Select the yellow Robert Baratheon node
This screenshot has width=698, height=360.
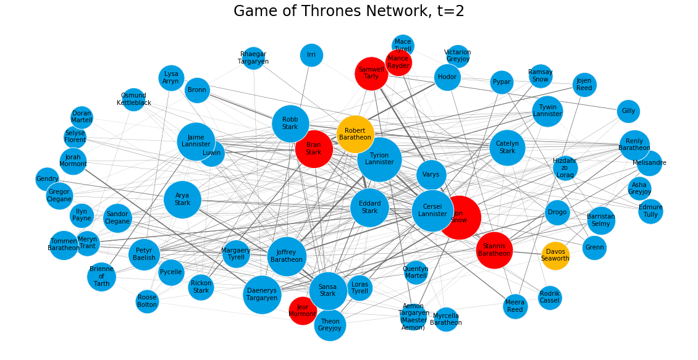(x=355, y=135)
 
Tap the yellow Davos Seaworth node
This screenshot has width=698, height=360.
(x=555, y=255)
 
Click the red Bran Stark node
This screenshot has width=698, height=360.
(x=314, y=149)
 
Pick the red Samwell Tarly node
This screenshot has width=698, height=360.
(x=371, y=73)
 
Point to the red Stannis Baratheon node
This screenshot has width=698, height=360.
(x=494, y=250)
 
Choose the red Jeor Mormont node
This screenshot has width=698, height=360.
(x=303, y=311)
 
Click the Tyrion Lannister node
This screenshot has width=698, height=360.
(x=379, y=159)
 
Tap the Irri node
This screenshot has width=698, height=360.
(x=311, y=55)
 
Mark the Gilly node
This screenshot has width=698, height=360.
(x=628, y=111)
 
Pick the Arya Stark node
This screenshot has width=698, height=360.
(x=183, y=199)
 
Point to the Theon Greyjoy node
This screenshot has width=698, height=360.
(x=330, y=325)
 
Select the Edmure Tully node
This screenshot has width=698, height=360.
(x=650, y=211)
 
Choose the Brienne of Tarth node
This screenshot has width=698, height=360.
(x=101, y=276)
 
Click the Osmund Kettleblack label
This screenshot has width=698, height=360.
(x=133, y=99)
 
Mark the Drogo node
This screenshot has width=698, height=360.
(x=557, y=213)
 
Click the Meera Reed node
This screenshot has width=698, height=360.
(x=515, y=306)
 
